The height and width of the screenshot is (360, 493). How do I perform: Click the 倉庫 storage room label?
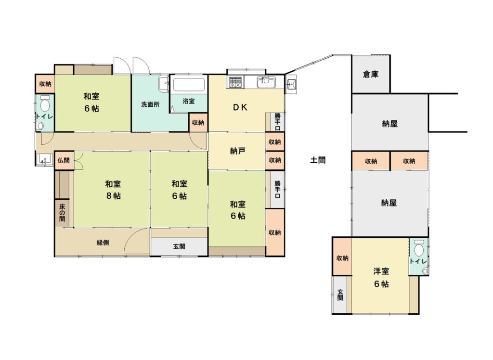coord(371,75)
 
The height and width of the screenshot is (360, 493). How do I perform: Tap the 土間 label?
coord(318,160)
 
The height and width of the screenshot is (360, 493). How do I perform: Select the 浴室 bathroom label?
coord(189,101)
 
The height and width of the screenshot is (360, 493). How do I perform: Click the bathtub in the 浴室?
coord(189,84)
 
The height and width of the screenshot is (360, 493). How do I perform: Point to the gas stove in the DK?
coord(234,82)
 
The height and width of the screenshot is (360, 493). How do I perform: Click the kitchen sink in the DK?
coord(266,82)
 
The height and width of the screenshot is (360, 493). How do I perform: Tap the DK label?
coord(240,107)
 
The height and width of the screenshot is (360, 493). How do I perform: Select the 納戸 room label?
coord(237,151)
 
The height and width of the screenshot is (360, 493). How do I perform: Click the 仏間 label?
coord(64,160)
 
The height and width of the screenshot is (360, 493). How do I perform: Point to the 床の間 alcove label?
coord(62,213)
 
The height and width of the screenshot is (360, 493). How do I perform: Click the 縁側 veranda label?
coord(103,243)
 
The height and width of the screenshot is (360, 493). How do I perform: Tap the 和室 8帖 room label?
coord(113,190)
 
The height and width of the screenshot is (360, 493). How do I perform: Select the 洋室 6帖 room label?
coord(381,277)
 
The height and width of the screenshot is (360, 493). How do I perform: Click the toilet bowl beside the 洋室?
coord(418,248)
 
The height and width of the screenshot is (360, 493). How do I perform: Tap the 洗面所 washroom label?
coord(150,104)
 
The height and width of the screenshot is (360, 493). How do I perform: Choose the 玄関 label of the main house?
coord(179,246)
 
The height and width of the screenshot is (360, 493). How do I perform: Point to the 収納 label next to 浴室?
coord(198,123)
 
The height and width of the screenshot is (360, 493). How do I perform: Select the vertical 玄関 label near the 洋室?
coord(340,295)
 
